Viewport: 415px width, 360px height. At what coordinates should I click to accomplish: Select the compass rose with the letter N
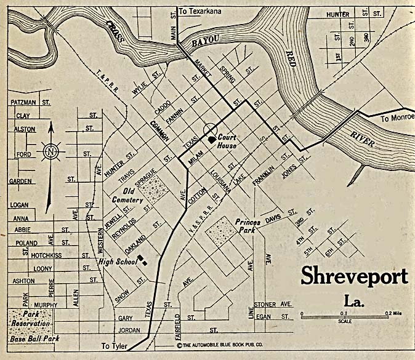tap(52, 150)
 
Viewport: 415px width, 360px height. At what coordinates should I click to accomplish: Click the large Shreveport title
tap(354, 277)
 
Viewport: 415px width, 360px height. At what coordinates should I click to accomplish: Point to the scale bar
tap(344, 314)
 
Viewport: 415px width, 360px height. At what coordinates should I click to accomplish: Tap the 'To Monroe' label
tap(397, 118)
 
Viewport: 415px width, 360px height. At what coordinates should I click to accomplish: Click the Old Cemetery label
tap(128, 194)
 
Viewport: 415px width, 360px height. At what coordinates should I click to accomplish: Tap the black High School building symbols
tap(144, 260)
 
